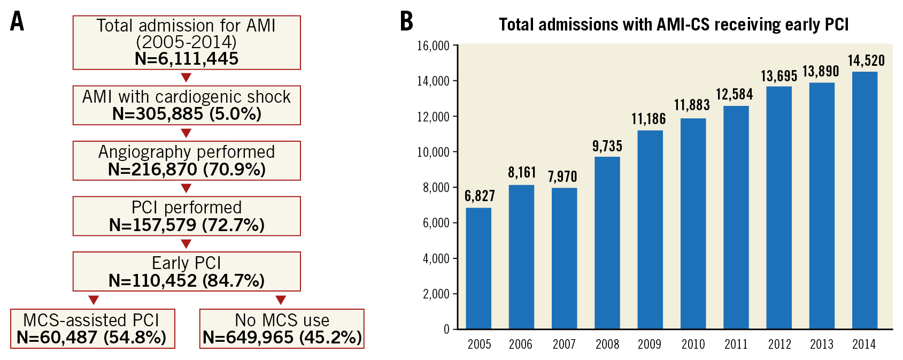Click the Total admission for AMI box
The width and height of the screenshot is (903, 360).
[x=187, y=42]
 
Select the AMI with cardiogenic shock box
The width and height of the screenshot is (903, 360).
[x=187, y=105]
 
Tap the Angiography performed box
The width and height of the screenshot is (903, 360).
[x=187, y=160]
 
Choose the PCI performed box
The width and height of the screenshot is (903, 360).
[x=187, y=216]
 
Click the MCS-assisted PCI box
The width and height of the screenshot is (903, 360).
[x=92, y=329]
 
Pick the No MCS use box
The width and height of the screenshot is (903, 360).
[x=282, y=329]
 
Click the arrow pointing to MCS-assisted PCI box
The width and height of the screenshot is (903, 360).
[x=93, y=300]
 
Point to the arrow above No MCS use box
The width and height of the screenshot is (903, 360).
[x=281, y=300]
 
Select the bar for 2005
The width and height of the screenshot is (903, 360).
[x=478, y=268]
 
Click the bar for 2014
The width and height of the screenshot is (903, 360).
[x=865, y=200]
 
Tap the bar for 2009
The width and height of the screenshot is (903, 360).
[x=650, y=229]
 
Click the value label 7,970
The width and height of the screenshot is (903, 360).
[x=562, y=177]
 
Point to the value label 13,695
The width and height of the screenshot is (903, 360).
[x=779, y=76]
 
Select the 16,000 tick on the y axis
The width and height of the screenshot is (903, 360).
[x=433, y=46]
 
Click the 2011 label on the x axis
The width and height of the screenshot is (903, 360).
[x=736, y=344]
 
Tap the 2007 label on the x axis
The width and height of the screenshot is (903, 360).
[x=564, y=344]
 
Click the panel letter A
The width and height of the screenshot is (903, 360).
[x=17, y=22]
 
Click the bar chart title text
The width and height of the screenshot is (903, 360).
[x=674, y=25]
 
